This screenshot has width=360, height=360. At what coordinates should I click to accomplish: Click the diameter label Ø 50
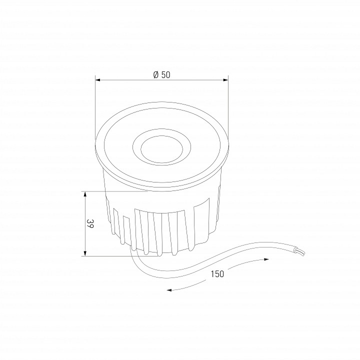[162, 75]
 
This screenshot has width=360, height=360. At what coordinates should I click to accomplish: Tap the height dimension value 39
[90, 223]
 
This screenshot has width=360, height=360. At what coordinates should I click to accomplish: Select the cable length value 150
[217, 273]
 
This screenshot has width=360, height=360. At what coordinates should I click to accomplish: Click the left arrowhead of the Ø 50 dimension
[98, 80]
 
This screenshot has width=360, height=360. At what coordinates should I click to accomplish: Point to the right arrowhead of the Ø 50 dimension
[225, 80]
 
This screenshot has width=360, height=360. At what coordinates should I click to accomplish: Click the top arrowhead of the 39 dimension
[85, 194]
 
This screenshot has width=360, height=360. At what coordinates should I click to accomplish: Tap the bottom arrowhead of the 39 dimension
[85, 253]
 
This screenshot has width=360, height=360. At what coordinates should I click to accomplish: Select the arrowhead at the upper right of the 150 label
[266, 259]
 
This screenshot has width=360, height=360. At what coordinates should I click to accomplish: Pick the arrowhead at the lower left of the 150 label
[169, 290]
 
